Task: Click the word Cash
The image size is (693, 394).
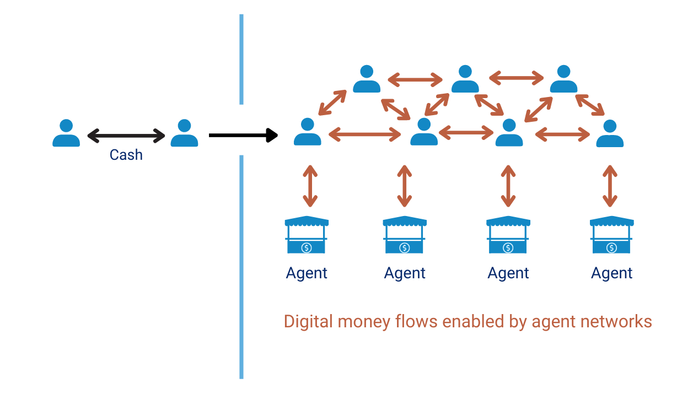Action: point(126,155)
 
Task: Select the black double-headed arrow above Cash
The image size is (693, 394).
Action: point(126,134)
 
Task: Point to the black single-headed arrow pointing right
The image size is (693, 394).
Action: point(243,134)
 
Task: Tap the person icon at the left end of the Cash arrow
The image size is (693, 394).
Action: point(66,133)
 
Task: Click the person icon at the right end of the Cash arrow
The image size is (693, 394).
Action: point(184,133)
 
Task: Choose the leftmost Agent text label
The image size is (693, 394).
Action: point(307,273)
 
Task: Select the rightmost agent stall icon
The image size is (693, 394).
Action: point(611,235)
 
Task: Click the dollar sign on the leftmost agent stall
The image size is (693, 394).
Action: point(307,248)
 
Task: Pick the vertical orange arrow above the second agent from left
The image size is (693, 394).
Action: point(405,186)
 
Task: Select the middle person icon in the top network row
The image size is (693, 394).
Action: point(465,79)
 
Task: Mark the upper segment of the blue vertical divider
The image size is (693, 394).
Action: point(241,59)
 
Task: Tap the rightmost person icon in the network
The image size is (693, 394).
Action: point(610,133)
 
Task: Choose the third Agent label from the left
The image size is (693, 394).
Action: point(508,273)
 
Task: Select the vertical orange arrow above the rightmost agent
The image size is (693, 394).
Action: point(610,186)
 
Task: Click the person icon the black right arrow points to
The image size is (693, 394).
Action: point(308,132)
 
